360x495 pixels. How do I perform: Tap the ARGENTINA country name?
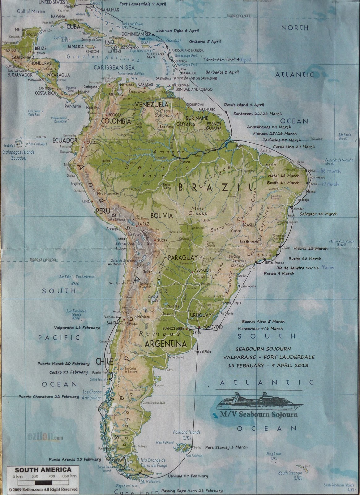[x=166, y=344]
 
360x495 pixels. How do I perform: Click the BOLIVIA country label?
[x=162, y=216]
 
